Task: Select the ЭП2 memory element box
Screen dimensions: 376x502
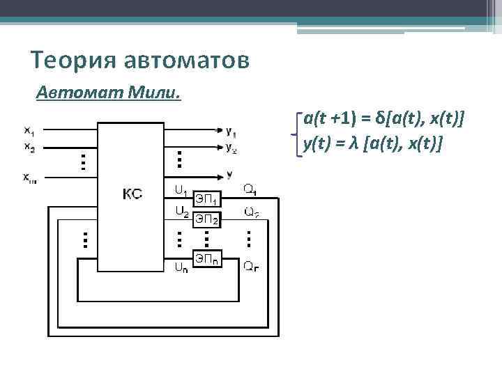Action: pyautogui.click(x=206, y=219)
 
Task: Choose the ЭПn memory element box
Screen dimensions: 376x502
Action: pyautogui.click(x=206, y=260)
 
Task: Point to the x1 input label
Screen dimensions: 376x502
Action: pyautogui.click(x=30, y=130)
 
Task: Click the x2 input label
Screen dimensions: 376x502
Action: pyautogui.click(x=30, y=146)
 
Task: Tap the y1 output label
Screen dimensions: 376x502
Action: pyautogui.click(x=231, y=132)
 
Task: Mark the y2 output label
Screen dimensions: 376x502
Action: pyautogui.click(x=231, y=147)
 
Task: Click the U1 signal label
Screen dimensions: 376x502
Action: pyautogui.click(x=180, y=189)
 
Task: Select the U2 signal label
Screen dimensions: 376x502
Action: pyautogui.click(x=181, y=210)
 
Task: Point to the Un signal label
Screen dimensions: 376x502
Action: pyautogui.click(x=181, y=265)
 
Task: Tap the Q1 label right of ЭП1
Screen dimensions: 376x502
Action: pyautogui.click(x=250, y=189)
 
